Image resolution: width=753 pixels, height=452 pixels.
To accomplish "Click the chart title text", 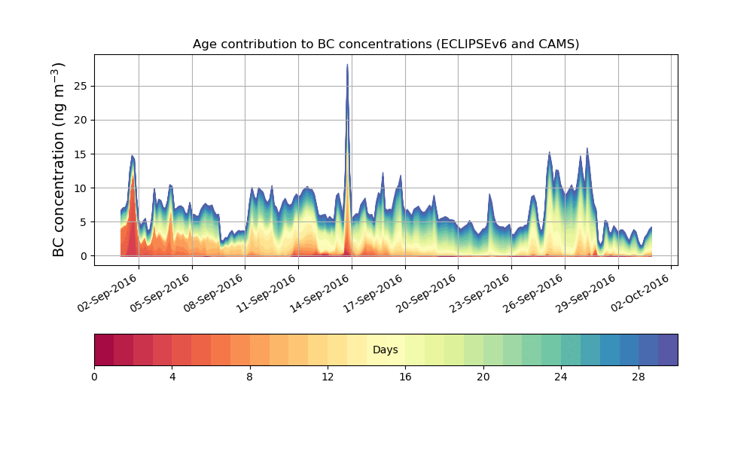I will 386,44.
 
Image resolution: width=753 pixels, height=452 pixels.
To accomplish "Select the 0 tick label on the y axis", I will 84,256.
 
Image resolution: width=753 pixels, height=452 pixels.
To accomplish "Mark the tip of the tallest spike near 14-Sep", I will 347,65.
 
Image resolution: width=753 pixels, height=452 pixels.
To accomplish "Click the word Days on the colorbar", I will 386,350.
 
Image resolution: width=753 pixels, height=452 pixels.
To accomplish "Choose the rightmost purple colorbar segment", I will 668,350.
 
